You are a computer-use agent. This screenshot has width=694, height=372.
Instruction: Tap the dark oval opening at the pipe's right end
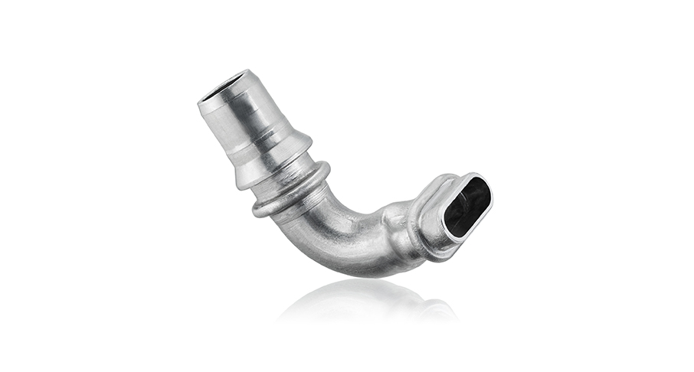click(466, 205)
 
